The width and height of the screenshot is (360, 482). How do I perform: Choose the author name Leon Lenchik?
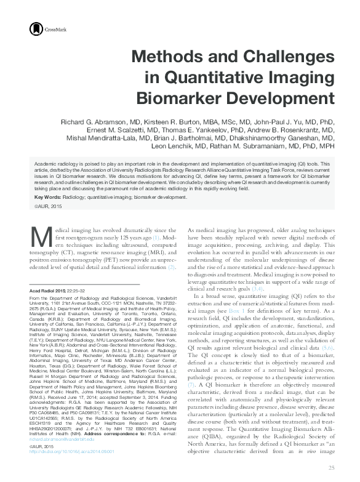click(215, 147)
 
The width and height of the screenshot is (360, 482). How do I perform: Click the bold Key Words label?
click(47, 197)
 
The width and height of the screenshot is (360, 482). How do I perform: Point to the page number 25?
click(331, 468)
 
